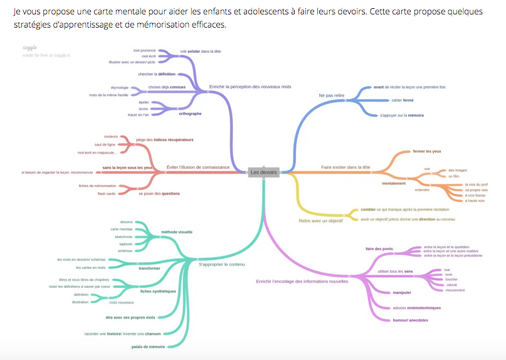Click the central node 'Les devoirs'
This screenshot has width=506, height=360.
[x=263, y=172]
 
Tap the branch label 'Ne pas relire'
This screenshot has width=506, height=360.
[x=332, y=95]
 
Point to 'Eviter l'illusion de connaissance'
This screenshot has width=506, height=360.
[x=198, y=167]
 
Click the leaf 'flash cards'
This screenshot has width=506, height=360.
[x=106, y=193]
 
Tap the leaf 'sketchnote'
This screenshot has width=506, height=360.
[x=123, y=236]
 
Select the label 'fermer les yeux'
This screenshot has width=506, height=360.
[x=427, y=151]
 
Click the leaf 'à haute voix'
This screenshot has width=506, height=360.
[x=475, y=201]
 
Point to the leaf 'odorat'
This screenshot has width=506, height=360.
[x=433, y=285]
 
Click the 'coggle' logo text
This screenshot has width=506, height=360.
[x=30, y=47]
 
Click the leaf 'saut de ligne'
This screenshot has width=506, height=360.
[x=106, y=144]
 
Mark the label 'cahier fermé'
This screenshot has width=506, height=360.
[x=402, y=100]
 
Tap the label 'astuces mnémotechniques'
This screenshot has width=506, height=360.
[x=416, y=308]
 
